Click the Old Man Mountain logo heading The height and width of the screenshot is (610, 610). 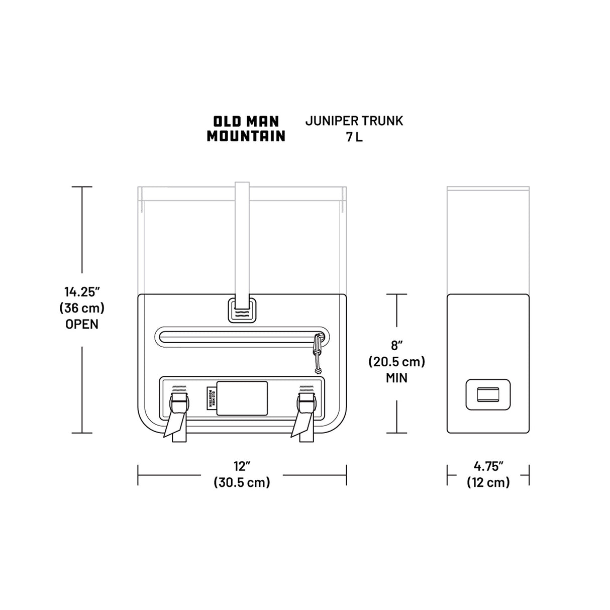click(x=246, y=129)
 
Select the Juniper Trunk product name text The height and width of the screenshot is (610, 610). click(x=354, y=121)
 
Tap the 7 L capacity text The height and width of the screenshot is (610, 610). click(x=354, y=137)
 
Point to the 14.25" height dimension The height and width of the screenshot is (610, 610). click(x=82, y=291)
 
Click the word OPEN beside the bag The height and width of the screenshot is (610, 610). click(x=82, y=324)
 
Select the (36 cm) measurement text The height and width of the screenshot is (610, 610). click(x=82, y=308)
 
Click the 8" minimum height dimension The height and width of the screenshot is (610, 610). click(x=396, y=345)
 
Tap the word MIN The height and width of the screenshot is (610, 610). click(x=396, y=378)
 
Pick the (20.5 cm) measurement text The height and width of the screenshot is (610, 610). click(x=396, y=361)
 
